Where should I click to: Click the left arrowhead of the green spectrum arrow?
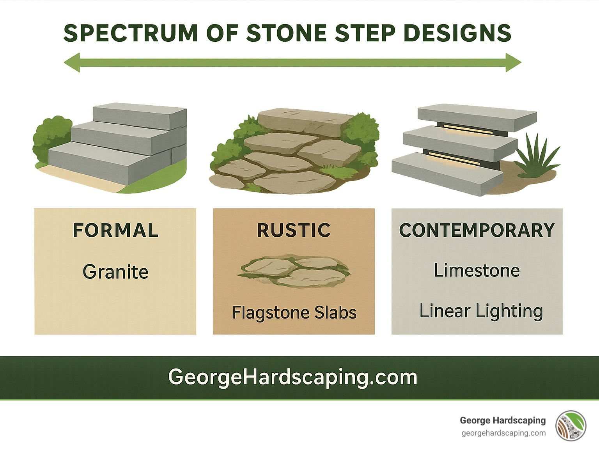click(x=73, y=63)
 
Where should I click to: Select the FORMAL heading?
click(x=115, y=230)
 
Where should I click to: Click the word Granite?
click(x=115, y=272)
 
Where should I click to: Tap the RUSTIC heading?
click(x=294, y=230)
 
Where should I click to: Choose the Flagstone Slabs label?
click(x=294, y=313)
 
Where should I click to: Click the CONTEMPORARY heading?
click(x=477, y=230)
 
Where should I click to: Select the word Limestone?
click(x=477, y=271)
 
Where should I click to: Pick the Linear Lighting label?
click(x=481, y=311)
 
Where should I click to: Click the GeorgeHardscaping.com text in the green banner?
click(x=293, y=377)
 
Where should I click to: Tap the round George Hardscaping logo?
click(x=571, y=426)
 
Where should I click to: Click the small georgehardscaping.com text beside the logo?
click(x=503, y=433)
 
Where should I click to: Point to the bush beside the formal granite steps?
click(x=51, y=136)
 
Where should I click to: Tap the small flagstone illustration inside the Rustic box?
click(x=294, y=271)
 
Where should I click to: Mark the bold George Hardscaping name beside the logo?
click(x=503, y=420)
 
